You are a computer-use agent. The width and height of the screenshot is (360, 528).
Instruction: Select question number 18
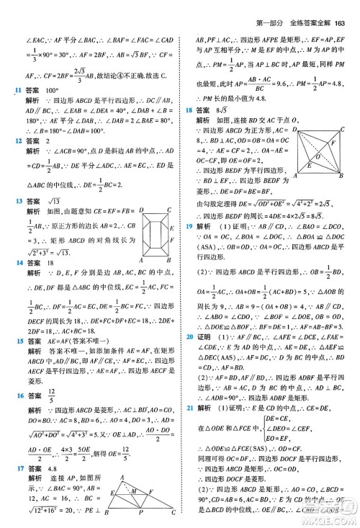point(189,109)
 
